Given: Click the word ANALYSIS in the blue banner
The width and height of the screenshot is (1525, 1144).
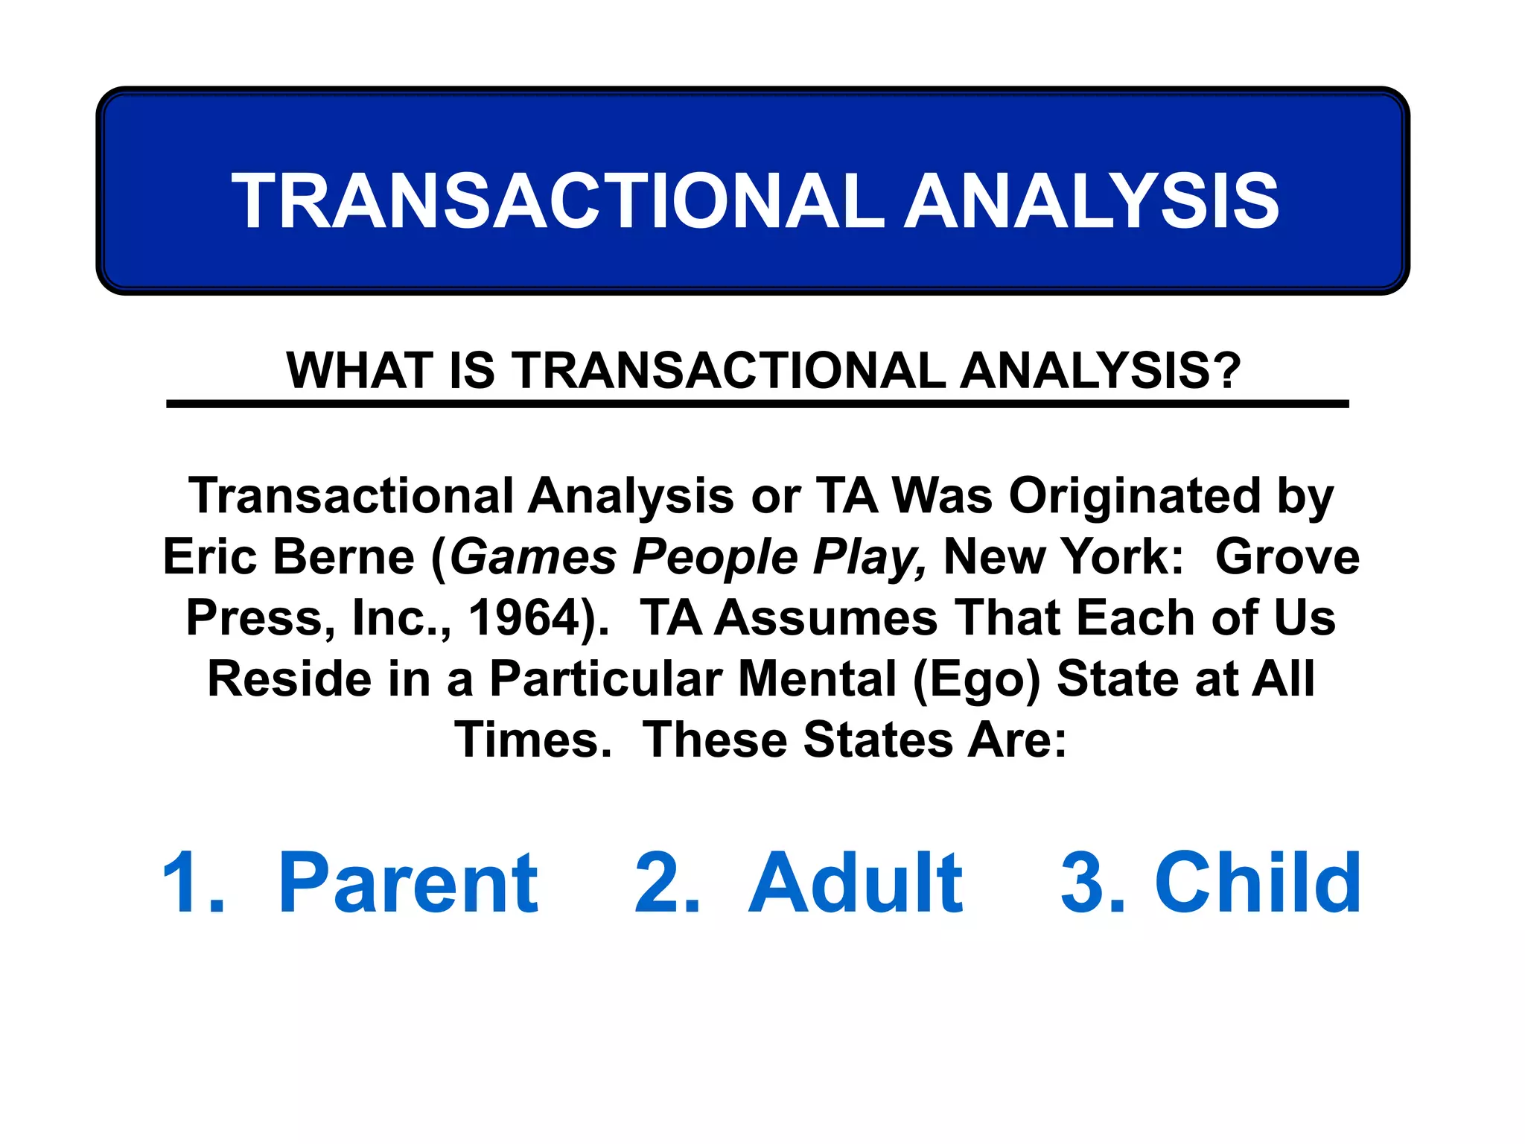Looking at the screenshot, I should click(x=1092, y=201).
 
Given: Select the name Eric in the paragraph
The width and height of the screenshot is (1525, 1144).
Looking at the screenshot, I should click(x=205, y=557).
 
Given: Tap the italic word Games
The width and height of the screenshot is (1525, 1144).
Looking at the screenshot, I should click(x=533, y=557).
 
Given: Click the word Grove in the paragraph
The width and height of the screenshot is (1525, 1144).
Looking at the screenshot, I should click(x=1287, y=557).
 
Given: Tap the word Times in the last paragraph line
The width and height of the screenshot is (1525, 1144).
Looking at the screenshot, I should click(x=533, y=740).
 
